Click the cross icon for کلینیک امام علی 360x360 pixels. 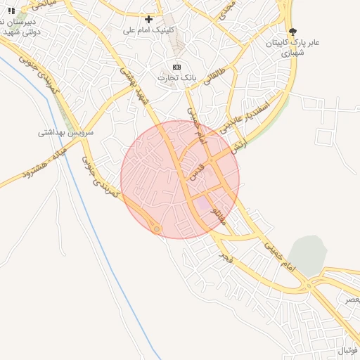coord(148,19)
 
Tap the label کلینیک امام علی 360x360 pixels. coord(148,30)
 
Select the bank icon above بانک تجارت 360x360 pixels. coord(176,67)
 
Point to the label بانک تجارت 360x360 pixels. coord(176,77)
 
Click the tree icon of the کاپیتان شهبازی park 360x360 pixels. coord(292,32)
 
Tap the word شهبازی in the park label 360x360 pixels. coord(294,53)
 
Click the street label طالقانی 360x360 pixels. coord(214,75)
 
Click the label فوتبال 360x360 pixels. coord(347,349)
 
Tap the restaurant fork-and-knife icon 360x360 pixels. coord(11,11)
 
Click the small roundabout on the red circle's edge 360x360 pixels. coord(155,229)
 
